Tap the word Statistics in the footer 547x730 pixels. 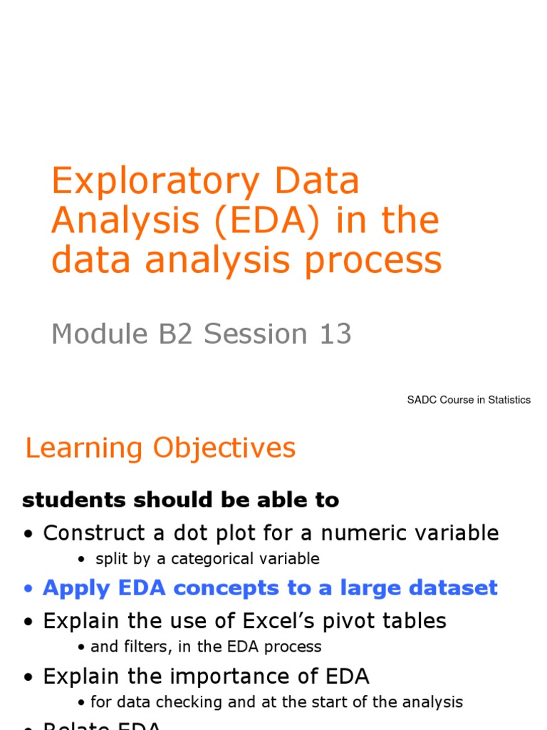[507, 400]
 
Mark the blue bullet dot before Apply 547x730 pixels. [28, 590]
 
